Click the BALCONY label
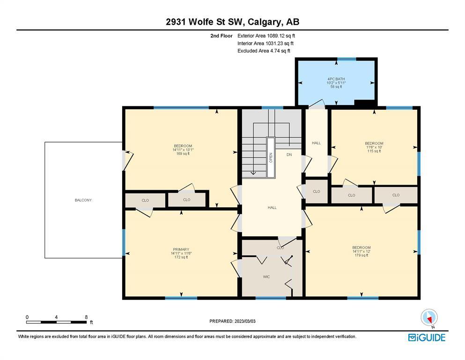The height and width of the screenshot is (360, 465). click(83, 200)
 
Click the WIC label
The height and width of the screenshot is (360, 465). click(266, 277)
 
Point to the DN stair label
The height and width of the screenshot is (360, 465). click(289, 155)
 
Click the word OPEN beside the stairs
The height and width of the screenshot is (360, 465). click(271, 157)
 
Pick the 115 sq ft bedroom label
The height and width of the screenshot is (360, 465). click(374, 147)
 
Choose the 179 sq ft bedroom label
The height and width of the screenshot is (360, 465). click(362, 251)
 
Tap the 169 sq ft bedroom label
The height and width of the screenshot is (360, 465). click(183, 150)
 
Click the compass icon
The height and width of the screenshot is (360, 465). click(429, 317)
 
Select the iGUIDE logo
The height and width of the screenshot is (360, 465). click(427, 338)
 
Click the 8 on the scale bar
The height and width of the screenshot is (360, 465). click(86, 317)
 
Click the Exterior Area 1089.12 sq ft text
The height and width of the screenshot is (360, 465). click(266, 36)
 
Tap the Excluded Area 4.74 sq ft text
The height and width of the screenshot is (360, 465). click(264, 51)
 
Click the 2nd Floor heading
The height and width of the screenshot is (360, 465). click(221, 36)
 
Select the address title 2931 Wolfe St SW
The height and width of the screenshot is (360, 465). click(205, 22)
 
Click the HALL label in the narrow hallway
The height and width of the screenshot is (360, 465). click(317, 143)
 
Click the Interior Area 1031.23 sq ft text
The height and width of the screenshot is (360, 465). click(266, 43)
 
